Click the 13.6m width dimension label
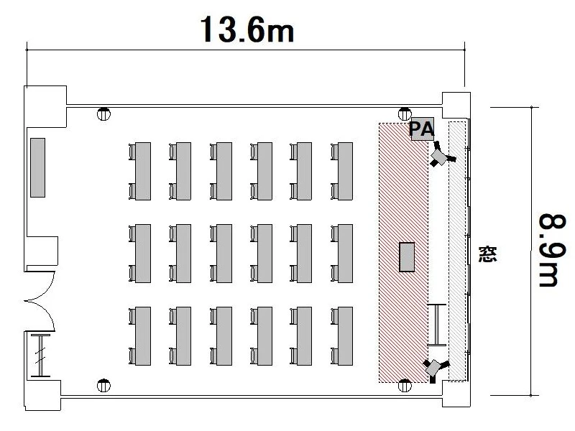247,29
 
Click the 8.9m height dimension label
553,250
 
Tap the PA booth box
422,129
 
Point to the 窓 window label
488,254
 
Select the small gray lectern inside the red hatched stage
407,257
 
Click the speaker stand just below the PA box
441,155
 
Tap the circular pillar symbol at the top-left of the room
103,114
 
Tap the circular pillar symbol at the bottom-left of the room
103,386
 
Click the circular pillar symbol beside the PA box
405,114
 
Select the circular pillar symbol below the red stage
405,386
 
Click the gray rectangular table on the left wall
38,167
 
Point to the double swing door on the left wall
40,301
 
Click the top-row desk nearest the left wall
140,171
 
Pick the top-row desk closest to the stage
342,171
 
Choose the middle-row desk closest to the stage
342,254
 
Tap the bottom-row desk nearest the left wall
140,336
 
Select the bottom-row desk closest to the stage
342,336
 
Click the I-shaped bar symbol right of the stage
437,325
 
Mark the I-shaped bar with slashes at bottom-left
40,356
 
